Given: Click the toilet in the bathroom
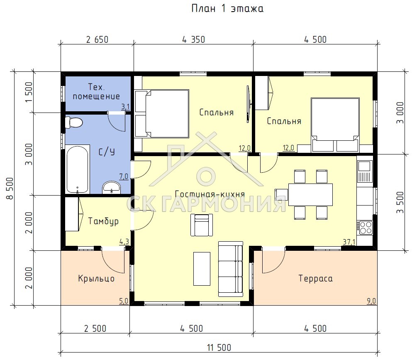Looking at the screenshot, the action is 74,122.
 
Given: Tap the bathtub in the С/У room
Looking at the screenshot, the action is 77,169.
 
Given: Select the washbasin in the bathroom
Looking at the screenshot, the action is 112,187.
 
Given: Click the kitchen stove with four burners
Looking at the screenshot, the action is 365,228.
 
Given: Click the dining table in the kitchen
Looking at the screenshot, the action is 310,195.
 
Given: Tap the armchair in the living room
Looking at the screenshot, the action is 202,225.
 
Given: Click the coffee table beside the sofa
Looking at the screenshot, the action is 202,269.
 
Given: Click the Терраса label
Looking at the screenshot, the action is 316,279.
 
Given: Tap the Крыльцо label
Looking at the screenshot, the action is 96,279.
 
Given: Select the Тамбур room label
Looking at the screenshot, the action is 103,221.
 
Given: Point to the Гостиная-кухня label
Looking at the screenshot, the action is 210,194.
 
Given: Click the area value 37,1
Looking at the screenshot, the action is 349,242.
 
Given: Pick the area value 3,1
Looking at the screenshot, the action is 125,107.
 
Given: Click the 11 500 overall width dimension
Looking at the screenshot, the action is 219,348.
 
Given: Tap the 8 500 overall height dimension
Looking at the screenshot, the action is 10,189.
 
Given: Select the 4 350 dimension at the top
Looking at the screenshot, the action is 193,40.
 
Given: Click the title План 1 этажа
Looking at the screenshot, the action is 227,9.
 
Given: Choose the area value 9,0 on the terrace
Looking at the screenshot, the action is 371,301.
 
